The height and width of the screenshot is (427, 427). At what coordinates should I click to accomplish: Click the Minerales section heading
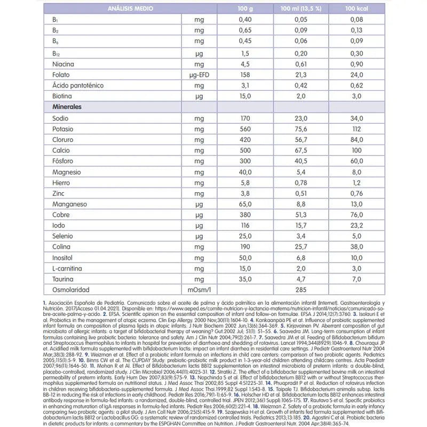[67, 107]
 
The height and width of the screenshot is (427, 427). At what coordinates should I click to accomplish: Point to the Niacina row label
[64, 64]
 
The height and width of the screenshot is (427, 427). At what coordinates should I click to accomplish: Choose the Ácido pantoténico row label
[78, 85]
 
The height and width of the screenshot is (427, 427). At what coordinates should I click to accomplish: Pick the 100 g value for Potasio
[246, 129]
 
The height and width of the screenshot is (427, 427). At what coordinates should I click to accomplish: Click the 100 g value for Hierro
[246, 183]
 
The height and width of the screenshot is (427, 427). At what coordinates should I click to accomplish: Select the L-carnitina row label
[67, 268]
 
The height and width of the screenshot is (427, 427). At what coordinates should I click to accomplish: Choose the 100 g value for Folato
[246, 75]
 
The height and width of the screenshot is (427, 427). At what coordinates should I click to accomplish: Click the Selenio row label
[63, 236]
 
